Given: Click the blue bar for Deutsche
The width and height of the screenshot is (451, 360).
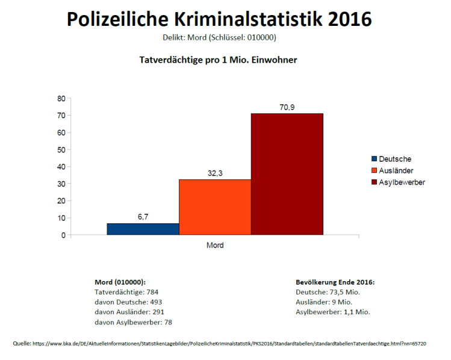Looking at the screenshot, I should point(143,229).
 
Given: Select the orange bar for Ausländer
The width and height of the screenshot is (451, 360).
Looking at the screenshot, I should point(215,206).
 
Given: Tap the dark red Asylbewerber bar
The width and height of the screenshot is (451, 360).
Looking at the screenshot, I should point(287,174).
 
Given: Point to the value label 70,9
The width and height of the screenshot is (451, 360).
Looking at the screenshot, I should point(287,107).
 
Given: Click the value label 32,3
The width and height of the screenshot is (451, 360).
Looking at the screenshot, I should point(215,173).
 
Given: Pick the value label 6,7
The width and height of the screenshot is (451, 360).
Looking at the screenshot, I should point(143,217).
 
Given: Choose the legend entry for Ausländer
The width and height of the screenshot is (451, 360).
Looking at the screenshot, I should point(395,170).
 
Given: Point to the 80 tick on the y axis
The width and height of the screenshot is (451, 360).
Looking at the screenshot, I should point(61,99).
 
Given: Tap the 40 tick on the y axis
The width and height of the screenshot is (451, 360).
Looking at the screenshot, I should point(61,167).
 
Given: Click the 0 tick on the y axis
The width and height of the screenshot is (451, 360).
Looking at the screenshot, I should point(63,235).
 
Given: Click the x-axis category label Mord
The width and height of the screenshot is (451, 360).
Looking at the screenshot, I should point(215,246).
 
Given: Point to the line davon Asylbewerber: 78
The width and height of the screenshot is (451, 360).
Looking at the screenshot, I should point(134,322).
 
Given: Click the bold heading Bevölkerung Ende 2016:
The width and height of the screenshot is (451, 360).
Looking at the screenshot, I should point(335,282).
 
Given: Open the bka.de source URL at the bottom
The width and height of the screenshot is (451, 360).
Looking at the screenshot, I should point(229,343).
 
